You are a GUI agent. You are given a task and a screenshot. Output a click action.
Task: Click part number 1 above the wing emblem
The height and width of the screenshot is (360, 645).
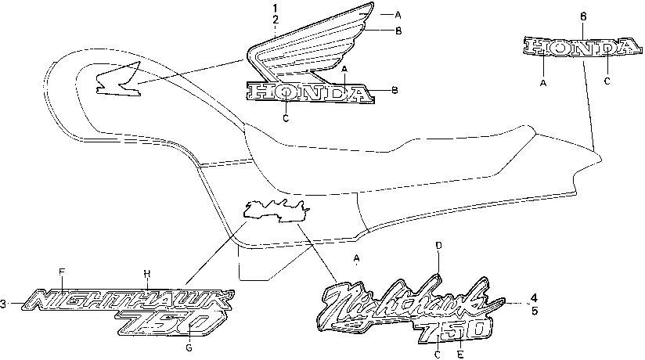point(275,9)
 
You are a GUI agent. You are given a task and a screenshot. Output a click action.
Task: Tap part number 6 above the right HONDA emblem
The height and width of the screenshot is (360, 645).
point(582,16)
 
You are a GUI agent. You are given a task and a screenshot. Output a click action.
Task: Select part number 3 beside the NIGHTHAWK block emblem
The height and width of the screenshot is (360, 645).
point(4,303)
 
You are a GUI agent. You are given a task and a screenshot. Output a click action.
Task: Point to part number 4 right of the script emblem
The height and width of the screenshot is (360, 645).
point(534,297)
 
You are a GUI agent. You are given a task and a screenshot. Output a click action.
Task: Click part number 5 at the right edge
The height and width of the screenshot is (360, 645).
point(534,311)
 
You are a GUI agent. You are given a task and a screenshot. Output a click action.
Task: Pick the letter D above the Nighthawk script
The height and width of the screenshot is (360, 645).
point(438,246)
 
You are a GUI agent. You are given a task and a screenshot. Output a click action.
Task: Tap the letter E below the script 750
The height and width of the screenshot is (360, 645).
point(460,354)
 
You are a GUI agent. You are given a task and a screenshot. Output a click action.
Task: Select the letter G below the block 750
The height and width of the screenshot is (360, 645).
point(188,347)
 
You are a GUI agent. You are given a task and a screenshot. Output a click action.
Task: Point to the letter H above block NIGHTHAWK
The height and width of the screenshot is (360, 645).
point(146,272)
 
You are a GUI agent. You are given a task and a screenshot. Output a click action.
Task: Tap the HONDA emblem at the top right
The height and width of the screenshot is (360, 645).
point(582,48)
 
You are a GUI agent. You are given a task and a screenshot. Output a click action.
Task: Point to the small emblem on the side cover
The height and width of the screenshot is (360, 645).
point(276,209)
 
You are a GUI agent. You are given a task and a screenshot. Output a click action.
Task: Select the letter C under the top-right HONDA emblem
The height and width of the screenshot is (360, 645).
point(607,81)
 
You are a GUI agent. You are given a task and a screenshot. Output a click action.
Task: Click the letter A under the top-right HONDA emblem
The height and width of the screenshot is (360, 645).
point(544,81)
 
